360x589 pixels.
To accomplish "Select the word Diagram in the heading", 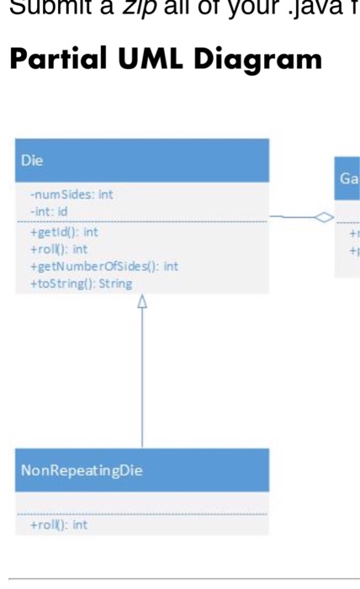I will [257, 60].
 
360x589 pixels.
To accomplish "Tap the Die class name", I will [33, 159].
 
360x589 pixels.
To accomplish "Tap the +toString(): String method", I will [81, 284].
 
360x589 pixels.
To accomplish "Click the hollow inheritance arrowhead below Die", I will [142, 300].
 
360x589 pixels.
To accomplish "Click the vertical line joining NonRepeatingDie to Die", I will [142, 379].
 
